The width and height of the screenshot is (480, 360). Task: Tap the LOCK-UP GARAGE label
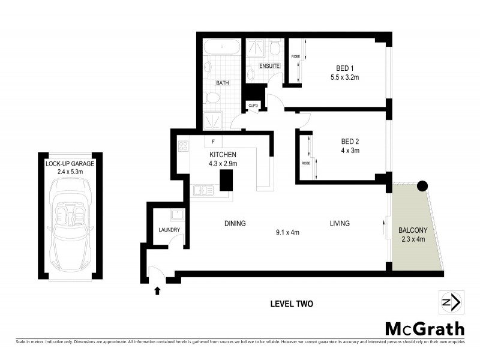point(70,163)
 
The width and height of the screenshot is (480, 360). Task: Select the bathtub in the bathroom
point(222,48)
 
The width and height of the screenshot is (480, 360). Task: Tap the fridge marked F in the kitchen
point(212,142)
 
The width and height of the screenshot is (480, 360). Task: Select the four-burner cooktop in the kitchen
point(184,147)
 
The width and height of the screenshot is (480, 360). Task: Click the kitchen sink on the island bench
point(203,191)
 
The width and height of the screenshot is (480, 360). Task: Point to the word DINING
point(235,224)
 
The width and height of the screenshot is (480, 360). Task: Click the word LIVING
point(339,224)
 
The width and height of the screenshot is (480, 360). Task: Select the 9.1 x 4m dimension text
point(286,232)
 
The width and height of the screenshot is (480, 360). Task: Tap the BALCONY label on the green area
point(413,230)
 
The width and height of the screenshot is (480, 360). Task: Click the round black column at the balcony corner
point(422,186)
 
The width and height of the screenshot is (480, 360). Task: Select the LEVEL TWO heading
point(292,304)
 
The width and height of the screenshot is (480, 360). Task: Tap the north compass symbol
point(450,302)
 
